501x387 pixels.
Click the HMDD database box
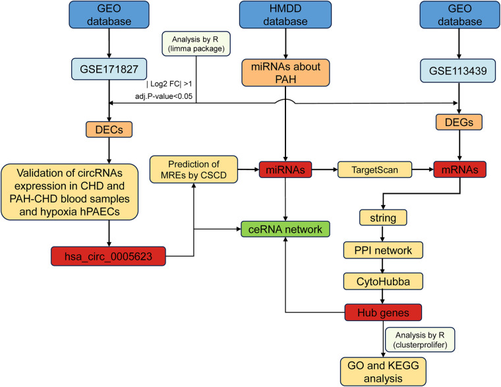(285, 15)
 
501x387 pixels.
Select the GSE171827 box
(109, 69)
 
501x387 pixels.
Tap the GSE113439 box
(457, 71)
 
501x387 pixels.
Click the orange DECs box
(109, 129)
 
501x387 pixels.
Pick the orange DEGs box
(459, 122)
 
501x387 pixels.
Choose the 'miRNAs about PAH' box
(285, 73)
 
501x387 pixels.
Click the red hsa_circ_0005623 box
(108, 256)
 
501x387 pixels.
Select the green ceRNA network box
(285, 229)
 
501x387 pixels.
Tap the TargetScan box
(375, 169)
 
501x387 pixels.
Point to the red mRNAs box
(459, 169)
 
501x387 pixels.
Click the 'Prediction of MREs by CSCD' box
(194, 169)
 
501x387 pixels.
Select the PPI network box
(383, 251)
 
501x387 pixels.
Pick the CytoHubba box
(383, 282)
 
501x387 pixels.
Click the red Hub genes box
(383, 313)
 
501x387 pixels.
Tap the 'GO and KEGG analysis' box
(383, 372)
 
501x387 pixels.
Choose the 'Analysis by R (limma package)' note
(196, 44)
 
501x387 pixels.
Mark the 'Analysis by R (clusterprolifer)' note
(420, 340)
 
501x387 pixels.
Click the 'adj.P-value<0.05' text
(163, 96)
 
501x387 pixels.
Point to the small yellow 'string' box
(383, 218)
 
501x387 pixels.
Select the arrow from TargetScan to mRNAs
(423, 169)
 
